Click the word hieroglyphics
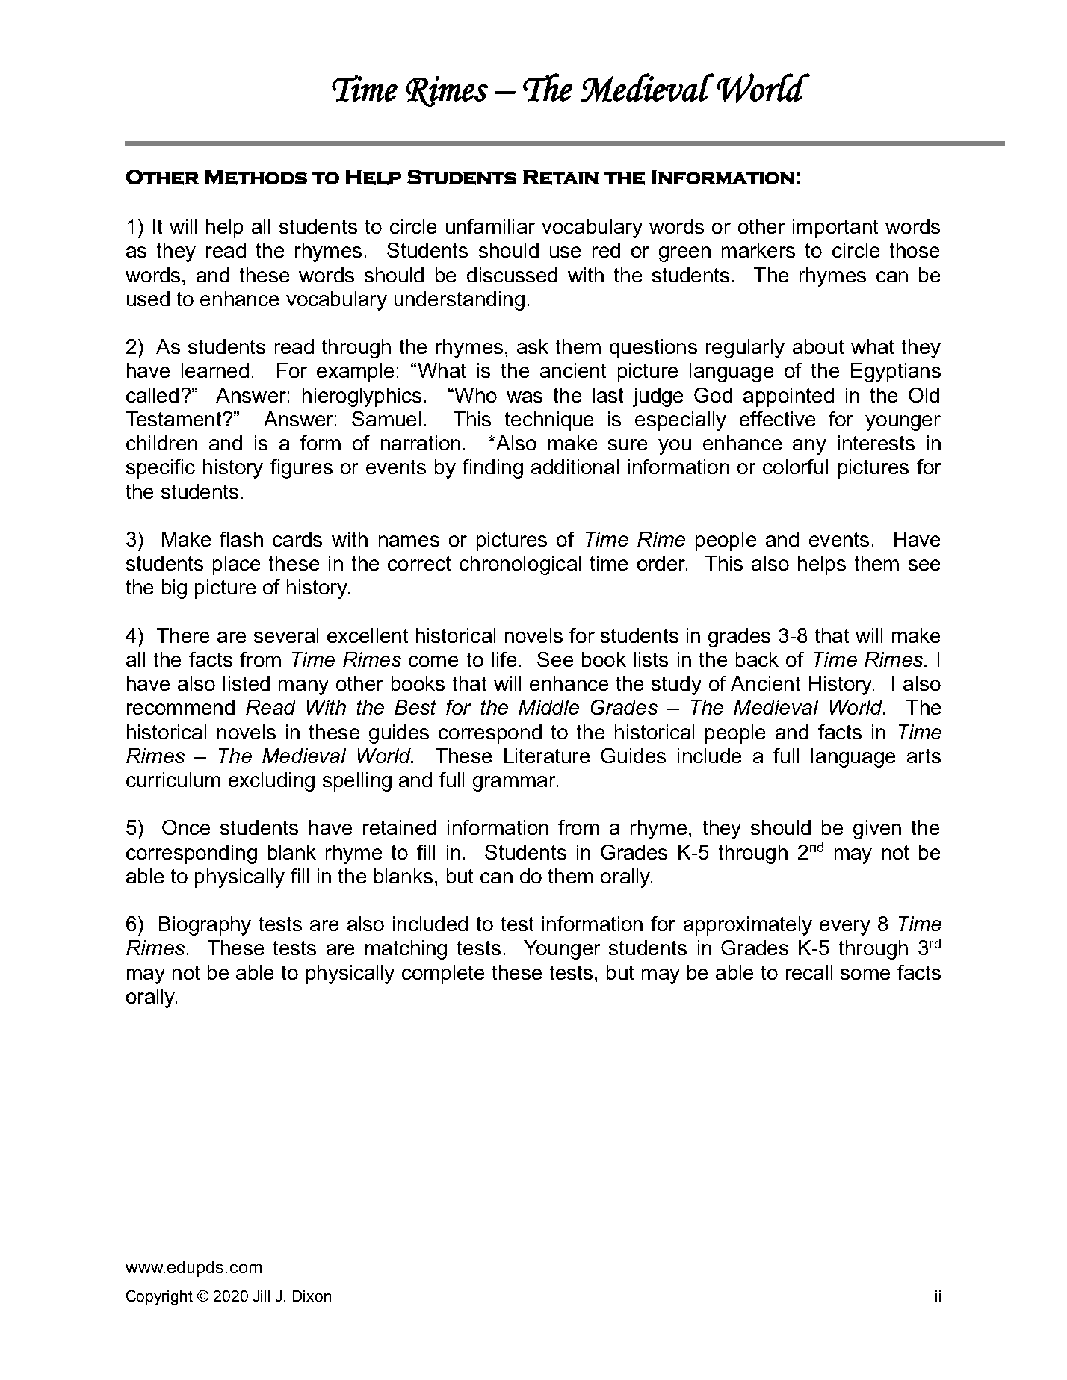point(363,396)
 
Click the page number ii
point(937,1297)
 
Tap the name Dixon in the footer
point(312,1297)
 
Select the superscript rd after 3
point(935,943)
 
